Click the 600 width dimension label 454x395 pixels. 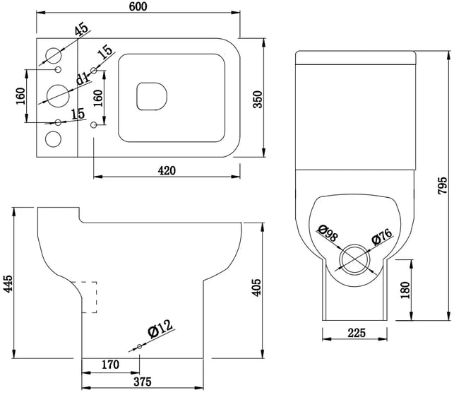pyautogui.click(x=138, y=6)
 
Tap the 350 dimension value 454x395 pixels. pyautogui.click(x=258, y=100)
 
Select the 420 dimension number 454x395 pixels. pyautogui.click(x=167, y=171)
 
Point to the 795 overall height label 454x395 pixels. pyautogui.click(x=442, y=185)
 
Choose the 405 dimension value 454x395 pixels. pyautogui.click(x=256, y=288)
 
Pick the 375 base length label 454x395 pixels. pyautogui.click(x=143, y=382)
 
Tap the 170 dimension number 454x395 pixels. pyautogui.click(x=110, y=365)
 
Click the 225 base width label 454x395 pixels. pyautogui.click(x=357, y=333)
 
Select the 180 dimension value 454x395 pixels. pyautogui.click(x=405, y=290)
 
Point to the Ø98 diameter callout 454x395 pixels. pyautogui.click(x=328, y=233)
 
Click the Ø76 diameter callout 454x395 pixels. pyautogui.click(x=382, y=237)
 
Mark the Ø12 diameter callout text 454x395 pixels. pyautogui.click(x=160, y=329)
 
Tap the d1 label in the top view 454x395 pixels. pyautogui.click(x=83, y=78)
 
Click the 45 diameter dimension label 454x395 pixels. pyautogui.click(x=81, y=29)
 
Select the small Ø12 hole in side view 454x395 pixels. pyautogui.click(x=139, y=346)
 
